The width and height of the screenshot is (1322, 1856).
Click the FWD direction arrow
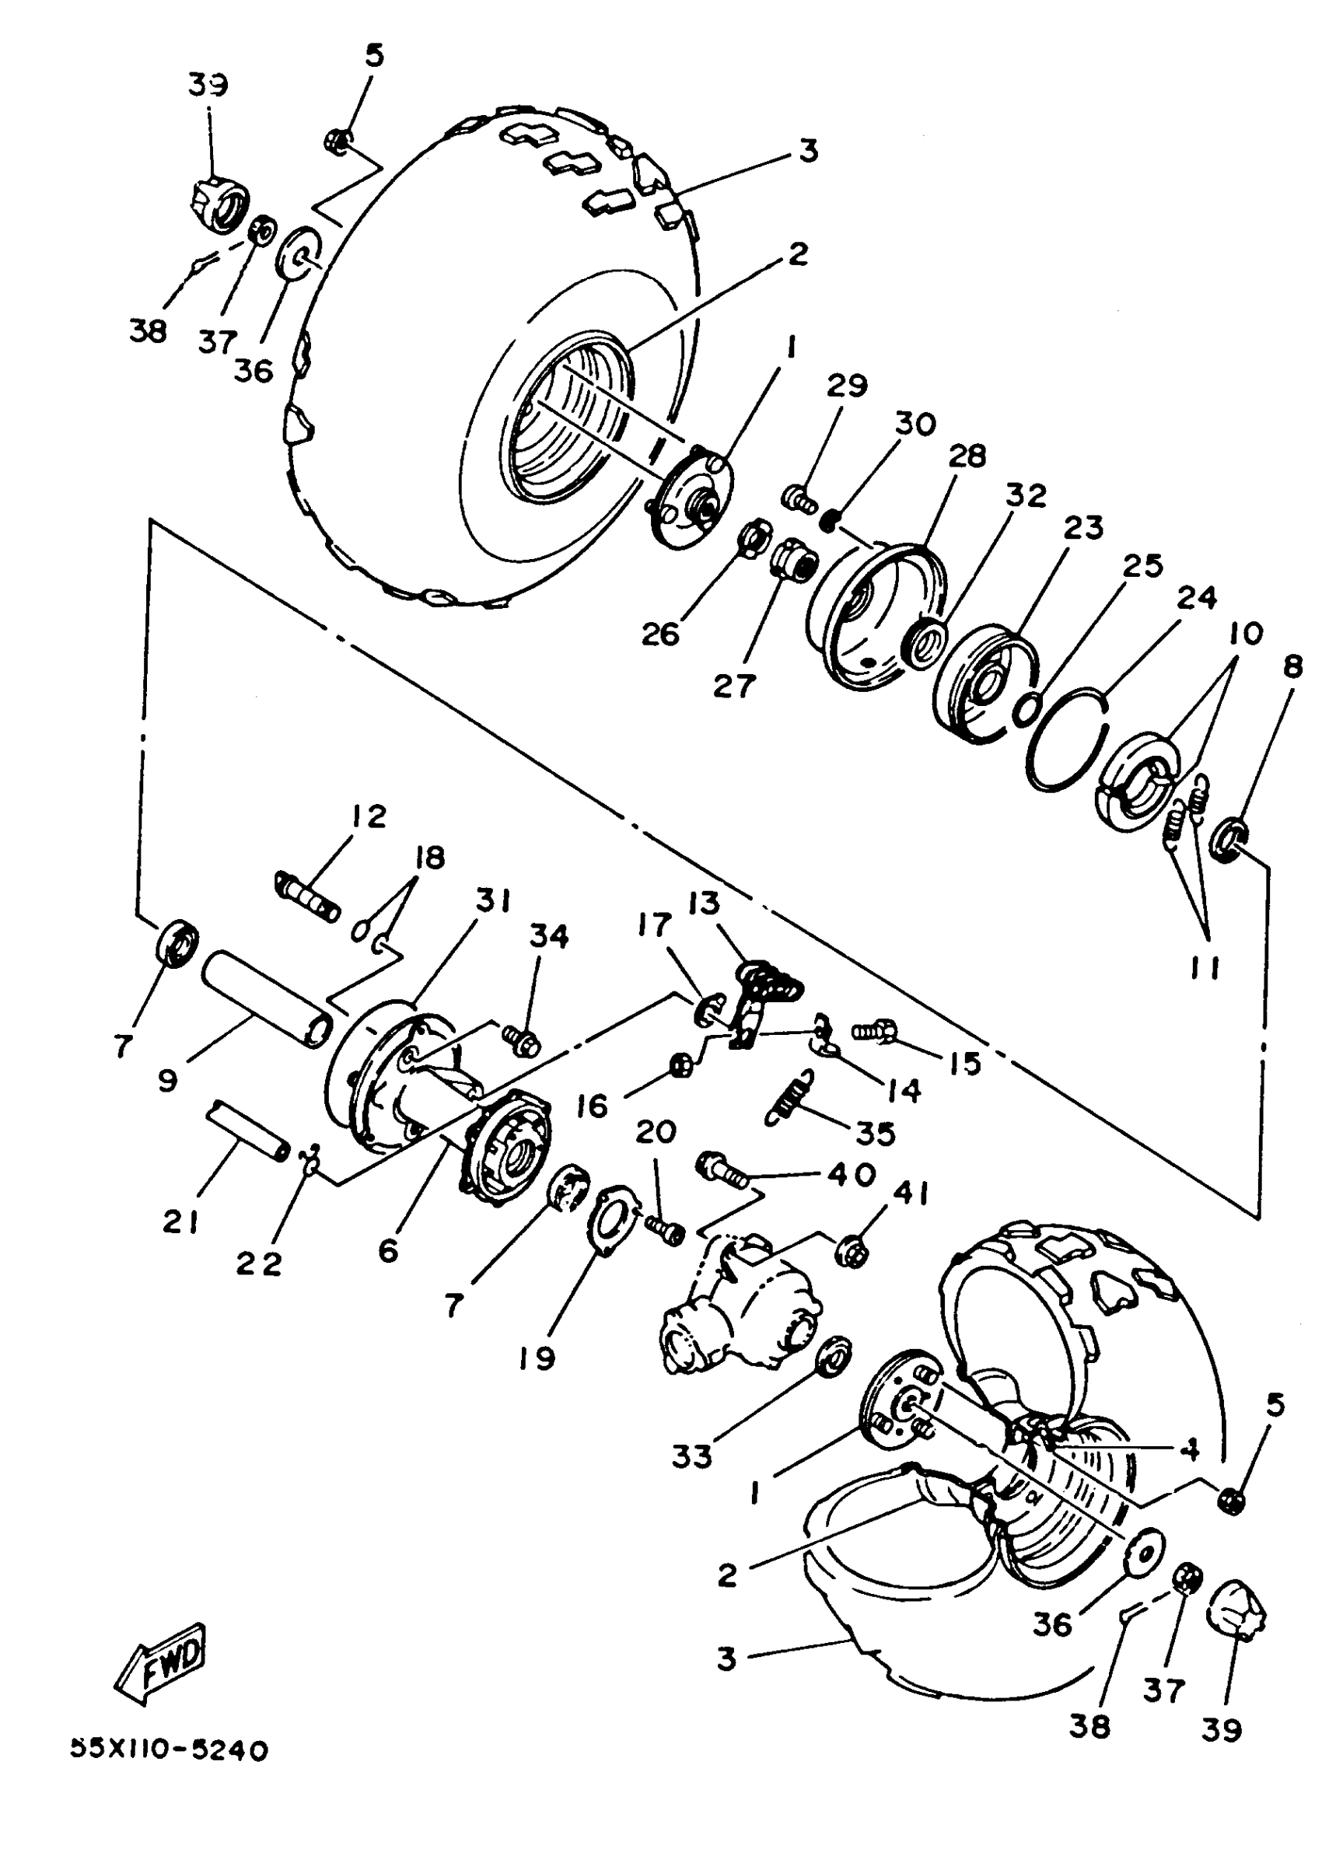(160, 1662)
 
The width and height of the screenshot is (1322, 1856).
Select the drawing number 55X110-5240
(169, 1750)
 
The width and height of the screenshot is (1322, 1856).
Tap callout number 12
(369, 816)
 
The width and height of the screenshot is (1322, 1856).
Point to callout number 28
(967, 457)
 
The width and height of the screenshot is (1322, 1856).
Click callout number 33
(692, 1456)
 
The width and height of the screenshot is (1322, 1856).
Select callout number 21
(180, 1221)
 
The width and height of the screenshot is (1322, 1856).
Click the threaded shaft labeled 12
(306, 895)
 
